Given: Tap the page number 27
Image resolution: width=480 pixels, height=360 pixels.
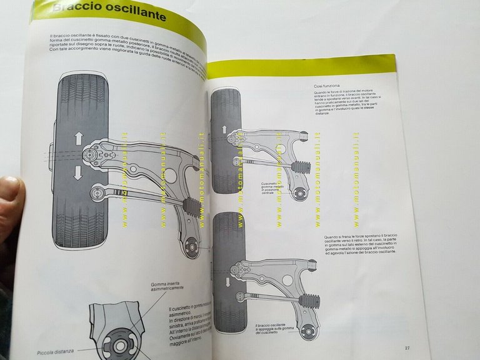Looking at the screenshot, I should [x=406, y=348].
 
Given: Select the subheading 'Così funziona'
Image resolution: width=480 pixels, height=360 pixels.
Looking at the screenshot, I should [x=327, y=86].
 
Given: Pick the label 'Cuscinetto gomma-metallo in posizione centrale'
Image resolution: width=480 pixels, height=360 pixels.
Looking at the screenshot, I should [x=274, y=189].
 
